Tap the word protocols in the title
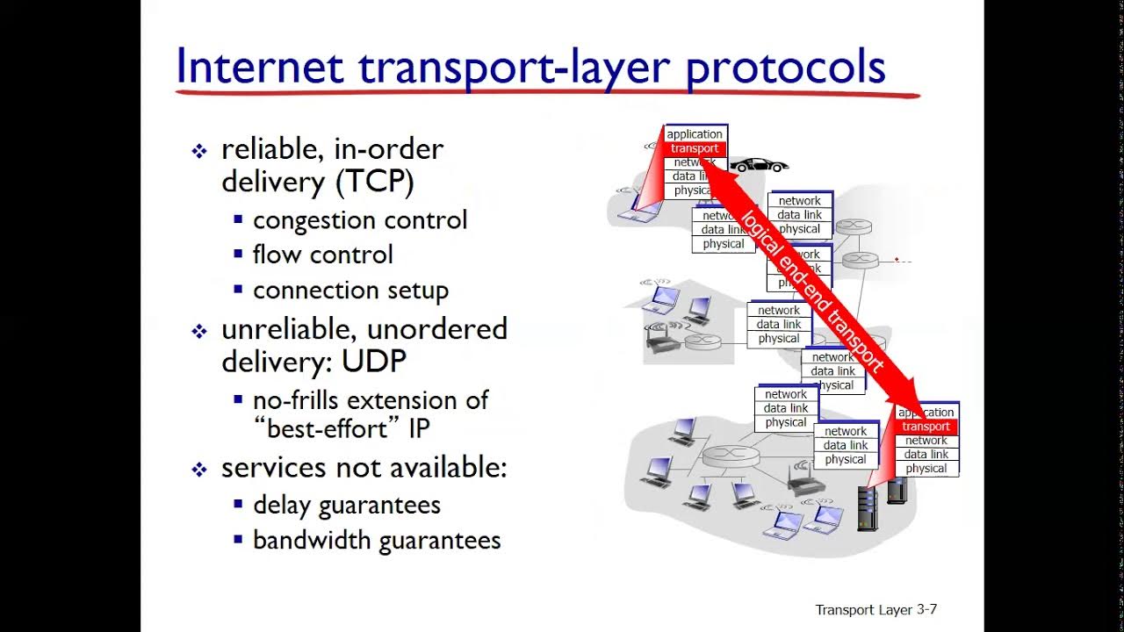pos(785,67)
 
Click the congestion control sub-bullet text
pos(360,219)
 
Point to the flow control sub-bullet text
pos(322,255)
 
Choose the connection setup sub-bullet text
pos(350,290)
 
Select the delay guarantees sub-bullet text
pos(346,505)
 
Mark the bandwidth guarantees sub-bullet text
pos(377,540)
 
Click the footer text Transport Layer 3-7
pos(875,609)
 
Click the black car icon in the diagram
pos(760,165)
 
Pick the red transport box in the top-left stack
pos(695,148)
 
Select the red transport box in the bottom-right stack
pos(926,427)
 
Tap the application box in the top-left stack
pos(695,134)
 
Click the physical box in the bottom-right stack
pos(926,469)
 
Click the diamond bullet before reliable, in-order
pos(199,151)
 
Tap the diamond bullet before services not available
pos(199,470)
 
